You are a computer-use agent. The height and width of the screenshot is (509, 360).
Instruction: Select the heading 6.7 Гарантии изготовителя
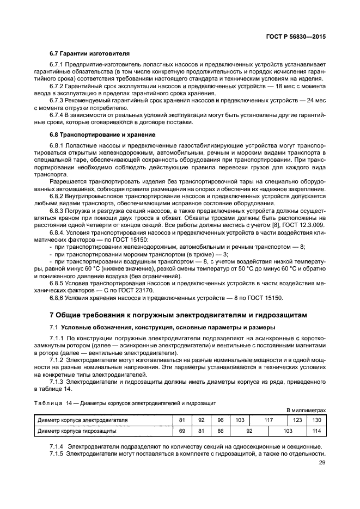89,54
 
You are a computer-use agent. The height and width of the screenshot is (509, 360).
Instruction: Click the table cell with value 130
316,420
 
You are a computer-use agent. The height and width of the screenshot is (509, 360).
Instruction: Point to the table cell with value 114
316,431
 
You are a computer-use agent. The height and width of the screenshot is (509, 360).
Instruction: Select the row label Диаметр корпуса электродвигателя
82,420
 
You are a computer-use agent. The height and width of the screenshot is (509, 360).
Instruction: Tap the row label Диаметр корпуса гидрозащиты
76,431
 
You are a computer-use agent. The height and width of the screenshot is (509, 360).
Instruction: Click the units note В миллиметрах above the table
306,410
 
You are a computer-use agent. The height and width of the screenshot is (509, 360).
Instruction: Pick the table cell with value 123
297,420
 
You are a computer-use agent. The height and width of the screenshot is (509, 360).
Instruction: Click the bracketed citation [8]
264,224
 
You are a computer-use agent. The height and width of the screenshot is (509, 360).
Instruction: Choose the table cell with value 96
221,420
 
